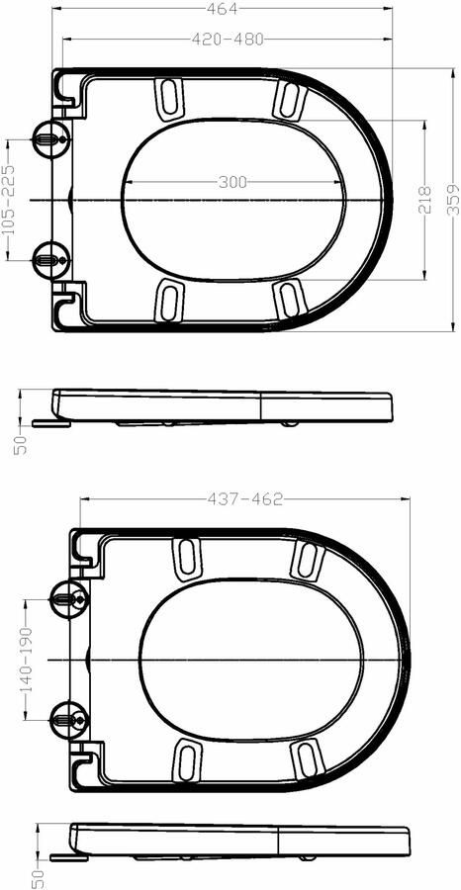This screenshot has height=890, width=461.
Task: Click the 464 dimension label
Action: click(x=229, y=9)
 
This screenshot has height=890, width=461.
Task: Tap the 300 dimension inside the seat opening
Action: click(x=232, y=182)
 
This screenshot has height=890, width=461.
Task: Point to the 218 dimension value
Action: click(x=424, y=201)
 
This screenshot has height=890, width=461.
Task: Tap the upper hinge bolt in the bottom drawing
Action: click(x=66, y=598)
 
